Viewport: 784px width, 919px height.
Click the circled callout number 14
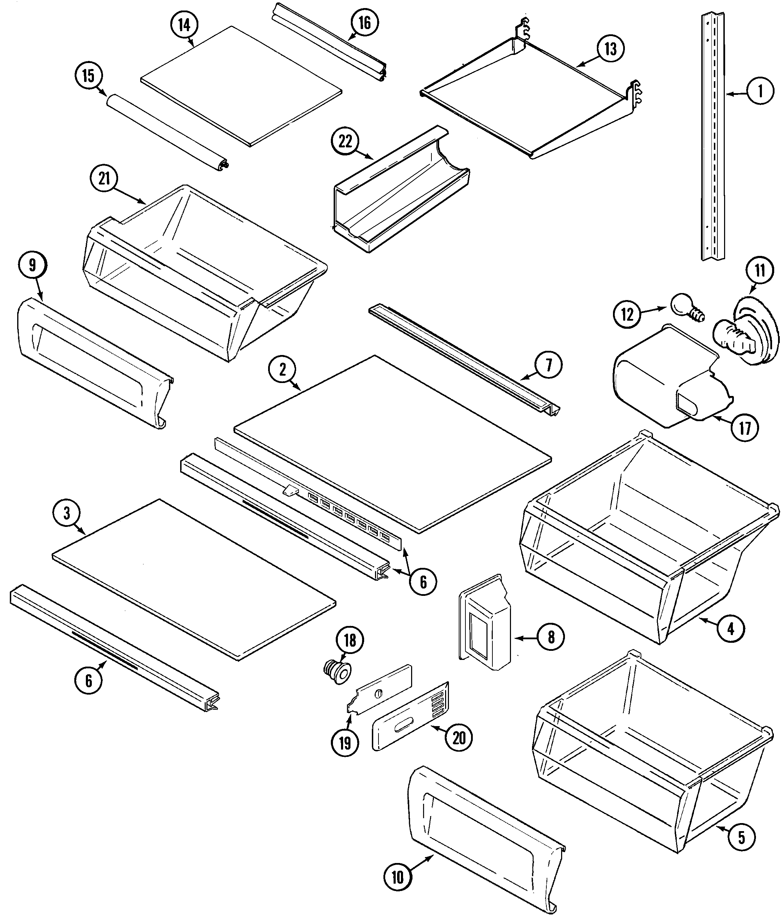pyautogui.click(x=184, y=25)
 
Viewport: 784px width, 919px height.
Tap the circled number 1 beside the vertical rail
pyautogui.click(x=760, y=91)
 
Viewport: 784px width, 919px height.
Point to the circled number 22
pyautogui.click(x=345, y=142)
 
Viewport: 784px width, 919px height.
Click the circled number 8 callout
pyautogui.click(x=551, y=638)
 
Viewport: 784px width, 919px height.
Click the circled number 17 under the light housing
pyautogui.click(x=745, y=428)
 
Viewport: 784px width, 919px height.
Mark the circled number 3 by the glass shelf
pyautogui.click(x=67, y=514)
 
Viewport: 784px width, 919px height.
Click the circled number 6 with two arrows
pyautogui.click(x=423, y=582)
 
